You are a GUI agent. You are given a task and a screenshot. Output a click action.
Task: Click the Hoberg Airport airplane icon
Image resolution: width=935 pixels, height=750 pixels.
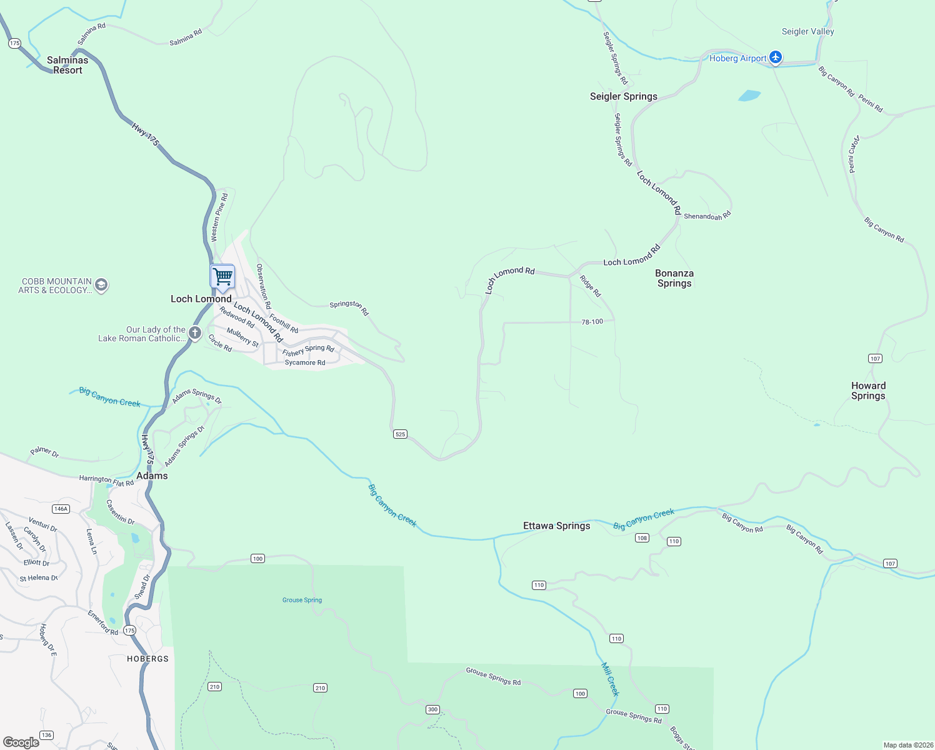(776, 57)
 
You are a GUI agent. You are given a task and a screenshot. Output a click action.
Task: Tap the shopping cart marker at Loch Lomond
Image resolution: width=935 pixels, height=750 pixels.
(222, 276)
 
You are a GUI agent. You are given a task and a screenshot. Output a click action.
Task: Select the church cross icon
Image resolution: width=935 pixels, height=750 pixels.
(195, 333)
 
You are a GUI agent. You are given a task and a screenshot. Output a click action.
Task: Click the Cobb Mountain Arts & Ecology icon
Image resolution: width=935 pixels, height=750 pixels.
(101, 286)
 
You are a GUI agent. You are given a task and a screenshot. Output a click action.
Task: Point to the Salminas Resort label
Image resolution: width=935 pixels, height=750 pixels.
(67, 65)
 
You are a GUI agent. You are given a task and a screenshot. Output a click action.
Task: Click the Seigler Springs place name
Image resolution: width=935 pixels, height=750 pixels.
(623, 96)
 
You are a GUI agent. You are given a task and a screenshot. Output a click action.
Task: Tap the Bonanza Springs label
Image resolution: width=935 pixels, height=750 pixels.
(674, 278)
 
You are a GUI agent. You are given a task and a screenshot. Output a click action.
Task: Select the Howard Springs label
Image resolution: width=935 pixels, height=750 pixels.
(868, 391)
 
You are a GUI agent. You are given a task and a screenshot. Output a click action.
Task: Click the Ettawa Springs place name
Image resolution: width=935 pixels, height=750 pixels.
(556, 526)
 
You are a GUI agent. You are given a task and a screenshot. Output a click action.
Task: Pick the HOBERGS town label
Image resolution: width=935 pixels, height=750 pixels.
(147, 659)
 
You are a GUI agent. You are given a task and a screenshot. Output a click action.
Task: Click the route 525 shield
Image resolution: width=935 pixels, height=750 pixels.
(400, 434)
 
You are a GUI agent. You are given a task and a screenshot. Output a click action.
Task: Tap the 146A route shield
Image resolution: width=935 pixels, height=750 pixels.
(61, 509)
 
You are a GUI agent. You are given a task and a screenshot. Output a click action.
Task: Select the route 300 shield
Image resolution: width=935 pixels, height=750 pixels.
(432, 709)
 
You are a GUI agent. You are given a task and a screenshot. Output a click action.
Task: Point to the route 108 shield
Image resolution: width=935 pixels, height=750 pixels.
(642, 537)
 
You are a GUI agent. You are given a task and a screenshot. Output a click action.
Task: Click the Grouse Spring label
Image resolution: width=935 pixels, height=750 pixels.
(302, 600)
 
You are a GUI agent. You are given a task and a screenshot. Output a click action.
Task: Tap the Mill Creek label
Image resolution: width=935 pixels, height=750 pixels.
(610, 679)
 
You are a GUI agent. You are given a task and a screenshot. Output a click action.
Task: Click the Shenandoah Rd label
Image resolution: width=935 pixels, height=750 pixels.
(707, 216)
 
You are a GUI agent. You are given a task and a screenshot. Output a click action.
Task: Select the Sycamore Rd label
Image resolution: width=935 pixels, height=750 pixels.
(304, 362)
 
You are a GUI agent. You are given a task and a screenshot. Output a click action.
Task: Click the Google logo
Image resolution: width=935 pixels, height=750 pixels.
(21, 742)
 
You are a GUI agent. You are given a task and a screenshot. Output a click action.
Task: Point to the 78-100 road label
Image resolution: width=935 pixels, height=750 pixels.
(592, 322)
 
